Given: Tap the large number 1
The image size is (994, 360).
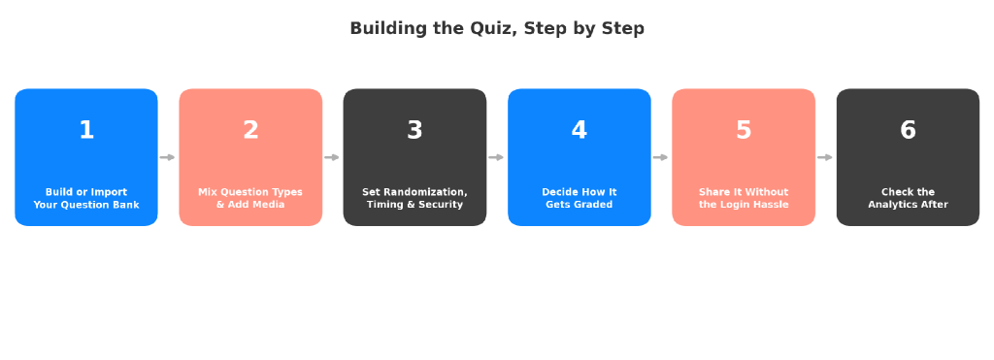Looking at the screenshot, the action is coord(86,130).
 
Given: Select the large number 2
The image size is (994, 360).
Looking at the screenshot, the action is coord(250,130).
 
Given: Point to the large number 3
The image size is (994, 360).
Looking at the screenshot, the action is coord(414,130).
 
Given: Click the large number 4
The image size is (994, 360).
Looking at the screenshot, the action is coord(579,130).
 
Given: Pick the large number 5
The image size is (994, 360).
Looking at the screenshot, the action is coord(744,130).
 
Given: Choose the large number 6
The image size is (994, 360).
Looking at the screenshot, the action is coord(908,130).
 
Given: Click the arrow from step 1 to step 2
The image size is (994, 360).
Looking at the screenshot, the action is coord(167,157).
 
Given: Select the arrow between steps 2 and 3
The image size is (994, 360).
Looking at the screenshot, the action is coord(332,157).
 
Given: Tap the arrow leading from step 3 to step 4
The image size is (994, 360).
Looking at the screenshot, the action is coord(496,157).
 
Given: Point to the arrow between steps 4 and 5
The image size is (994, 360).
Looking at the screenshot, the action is coord(660,157).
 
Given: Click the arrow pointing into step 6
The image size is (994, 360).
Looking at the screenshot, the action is coord(825,157).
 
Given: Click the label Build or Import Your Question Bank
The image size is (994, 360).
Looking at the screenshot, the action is coord(86,198).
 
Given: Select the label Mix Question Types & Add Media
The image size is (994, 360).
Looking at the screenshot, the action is coord(250,198).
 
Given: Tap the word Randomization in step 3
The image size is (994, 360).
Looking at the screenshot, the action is coord(425,192).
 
